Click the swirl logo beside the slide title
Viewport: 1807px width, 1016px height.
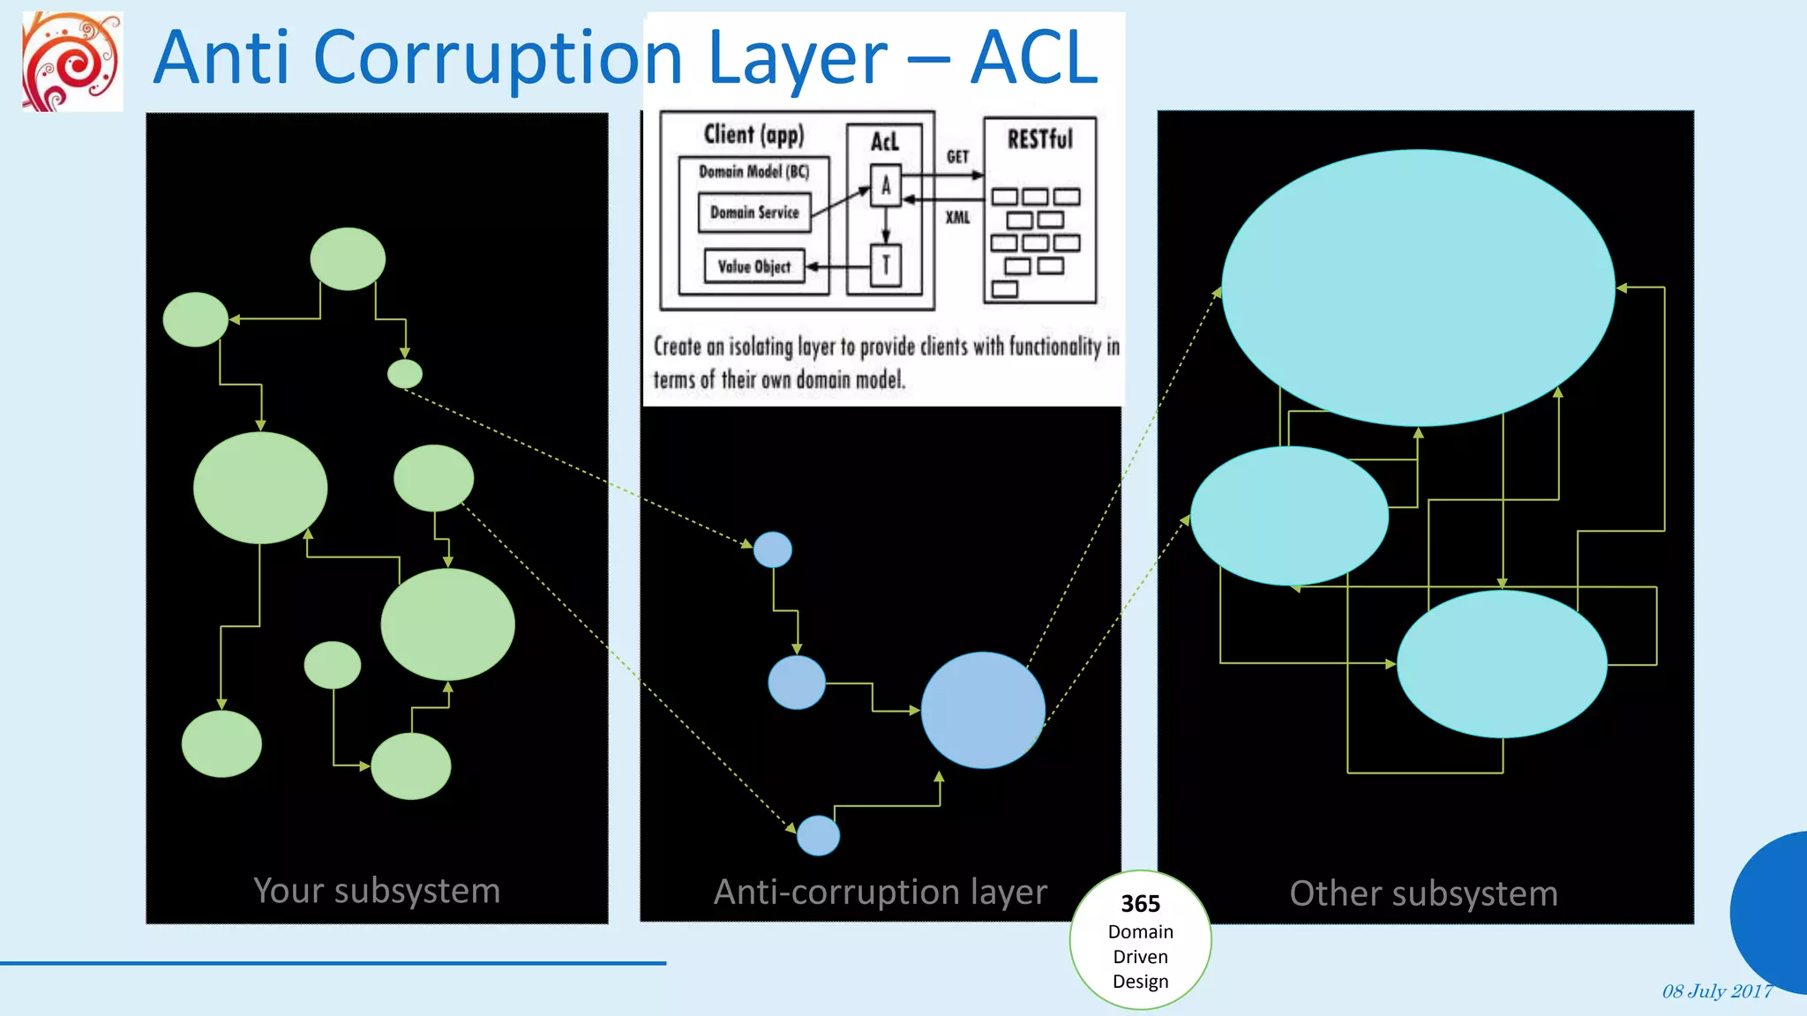(71, 62)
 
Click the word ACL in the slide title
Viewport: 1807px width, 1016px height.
(1034, 58)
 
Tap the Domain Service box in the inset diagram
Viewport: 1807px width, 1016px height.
(754, 213)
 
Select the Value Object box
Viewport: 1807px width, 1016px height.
(754, 266)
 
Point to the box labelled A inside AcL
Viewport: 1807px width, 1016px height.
(886, 186)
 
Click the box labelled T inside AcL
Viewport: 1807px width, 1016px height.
(886, 265)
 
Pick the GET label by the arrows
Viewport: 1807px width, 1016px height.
(957, 157)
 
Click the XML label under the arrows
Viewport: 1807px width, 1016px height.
(957, 217)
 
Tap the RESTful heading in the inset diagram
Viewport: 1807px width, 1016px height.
(1039, 139)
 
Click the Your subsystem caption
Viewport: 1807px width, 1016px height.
(377, 891)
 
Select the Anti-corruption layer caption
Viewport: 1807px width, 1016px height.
(880, 893)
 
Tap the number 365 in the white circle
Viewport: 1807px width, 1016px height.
(1140, 904)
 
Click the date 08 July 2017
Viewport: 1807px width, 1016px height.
(1717, 991)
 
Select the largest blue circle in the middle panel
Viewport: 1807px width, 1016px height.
(983, 710)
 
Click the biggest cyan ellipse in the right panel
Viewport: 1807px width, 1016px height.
(1418, 288)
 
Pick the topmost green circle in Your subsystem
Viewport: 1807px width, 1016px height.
(348, 258)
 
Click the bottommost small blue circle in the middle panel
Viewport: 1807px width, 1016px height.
(818, 835)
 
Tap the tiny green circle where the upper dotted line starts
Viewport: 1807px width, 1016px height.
(405, 374)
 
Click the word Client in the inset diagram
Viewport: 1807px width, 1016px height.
(729, 134)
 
